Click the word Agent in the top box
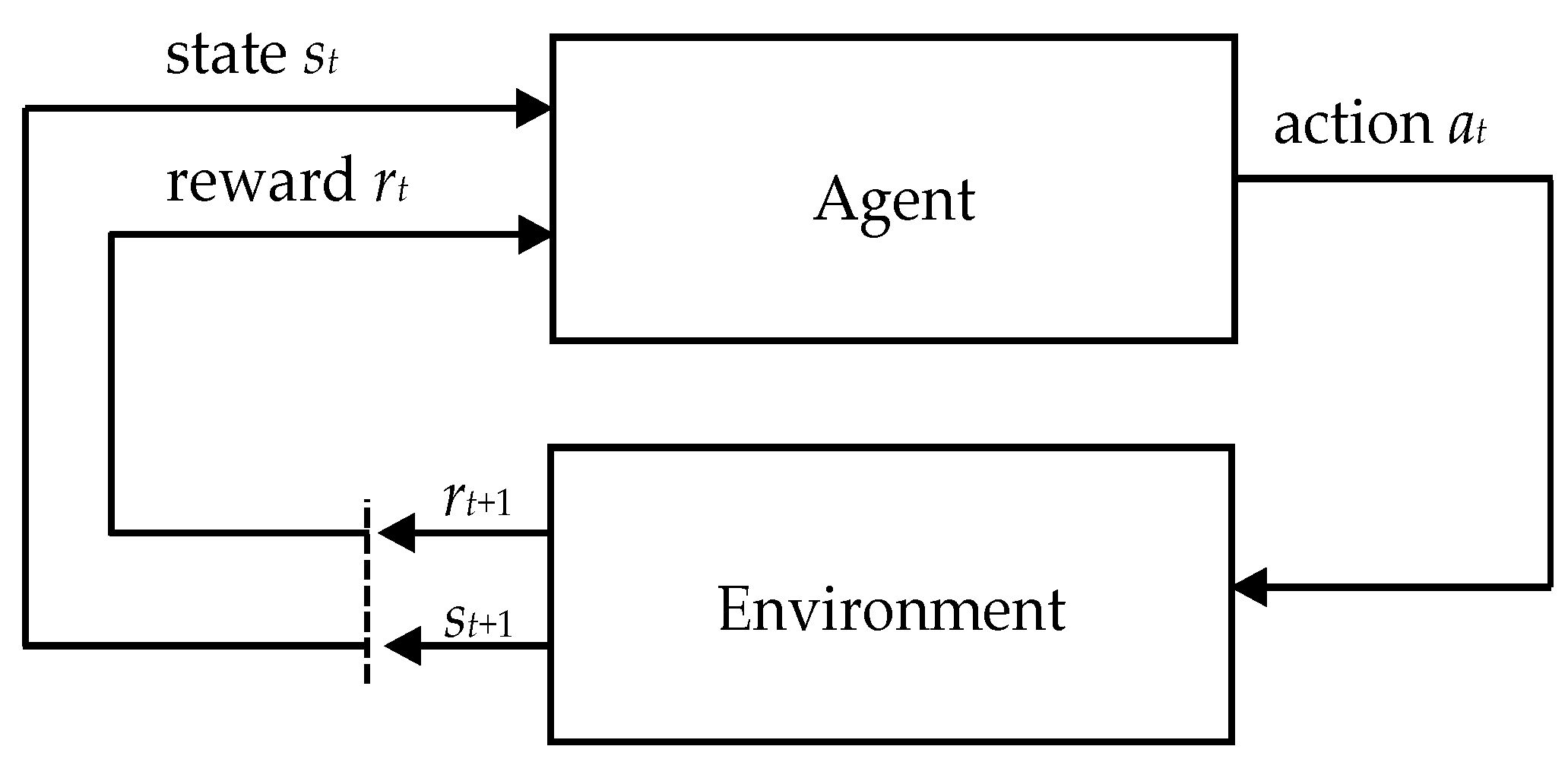pyautogui.click(x=895, y=201)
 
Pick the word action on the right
pyautogui.click(x=1353, y=125)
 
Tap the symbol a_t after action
pyautogui.click(x=1466, y=128)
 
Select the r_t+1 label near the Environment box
pyautogui.click(x=477, y=502)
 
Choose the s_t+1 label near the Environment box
pyautogui.click(x=478, y=621)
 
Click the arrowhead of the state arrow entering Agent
pyautogui.click(x=534, y=109)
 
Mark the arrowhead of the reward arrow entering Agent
pyautogui.click(x=534, y=235)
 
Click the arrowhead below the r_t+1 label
pyautogui.click(x=396, y=533)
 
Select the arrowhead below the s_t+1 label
pyautogui.click(x=402, y=646)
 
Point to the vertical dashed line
pyautogui.click(x=367, y=593)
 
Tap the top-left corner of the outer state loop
pyautogui.click(x=27, y=109)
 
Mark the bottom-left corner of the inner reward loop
pyautogui.click(x=112, y=533)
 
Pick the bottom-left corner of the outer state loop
pyautogui.click(x=27, y=645)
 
